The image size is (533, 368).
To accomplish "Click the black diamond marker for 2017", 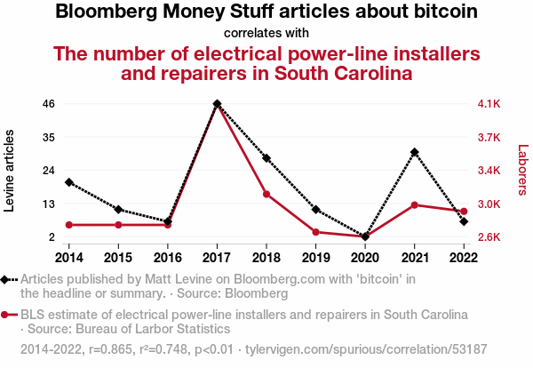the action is (218, 104).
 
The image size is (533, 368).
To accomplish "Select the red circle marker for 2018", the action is (266, 194).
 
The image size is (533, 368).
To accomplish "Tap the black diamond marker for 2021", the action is (414, 152).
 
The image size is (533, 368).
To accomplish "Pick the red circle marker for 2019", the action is (315, 232).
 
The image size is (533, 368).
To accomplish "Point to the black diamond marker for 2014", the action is (69, 182).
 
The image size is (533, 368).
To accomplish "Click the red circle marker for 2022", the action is (464, 212).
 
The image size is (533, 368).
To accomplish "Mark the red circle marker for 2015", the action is (118, 225).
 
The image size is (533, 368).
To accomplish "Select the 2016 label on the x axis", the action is (168, 258).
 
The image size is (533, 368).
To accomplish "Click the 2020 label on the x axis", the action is (365, 258).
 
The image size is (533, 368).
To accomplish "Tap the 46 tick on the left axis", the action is (49, 104).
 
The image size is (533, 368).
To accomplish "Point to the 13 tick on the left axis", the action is (49, 204).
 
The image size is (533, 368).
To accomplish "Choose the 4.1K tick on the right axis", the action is (489, 104).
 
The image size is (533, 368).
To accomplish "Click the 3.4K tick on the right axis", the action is (489, 170).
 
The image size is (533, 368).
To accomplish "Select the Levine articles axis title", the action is (9, 171).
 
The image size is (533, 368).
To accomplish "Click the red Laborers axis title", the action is (523, 170).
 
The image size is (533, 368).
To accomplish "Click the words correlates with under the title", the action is (266, 33).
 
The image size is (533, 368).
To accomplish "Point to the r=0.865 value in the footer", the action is (110, 349).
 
